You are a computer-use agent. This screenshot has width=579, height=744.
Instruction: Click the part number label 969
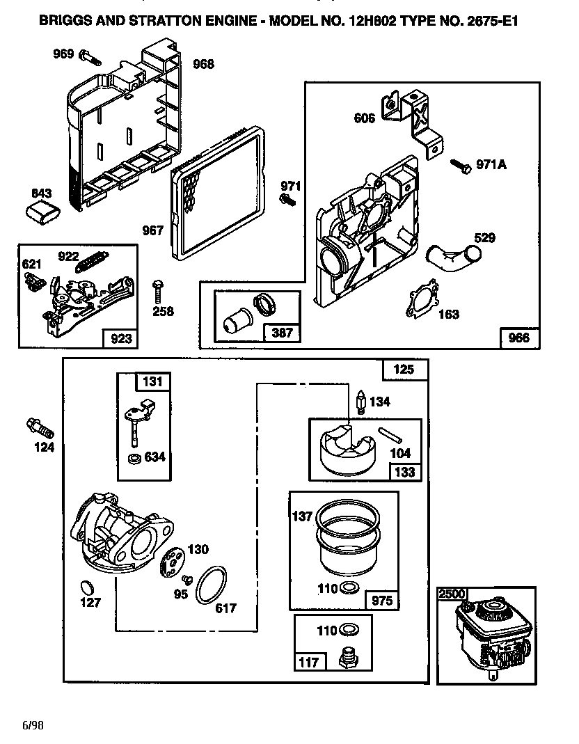click(x=63, y=54)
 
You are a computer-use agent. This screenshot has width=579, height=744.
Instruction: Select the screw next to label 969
click(x=86, y=54)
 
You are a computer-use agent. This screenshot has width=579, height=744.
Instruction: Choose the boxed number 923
click(x=119, y=339)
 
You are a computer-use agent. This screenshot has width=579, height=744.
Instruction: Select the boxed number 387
click(x=282, y=333)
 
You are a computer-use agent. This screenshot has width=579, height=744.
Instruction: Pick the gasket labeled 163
click(x=422, y=298)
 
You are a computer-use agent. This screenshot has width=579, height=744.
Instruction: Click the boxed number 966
click(x=519, y=338)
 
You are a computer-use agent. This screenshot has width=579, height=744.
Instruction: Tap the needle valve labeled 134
click(x=360, y=402)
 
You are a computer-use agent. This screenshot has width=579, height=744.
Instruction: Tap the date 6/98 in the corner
click(x=33, y=725)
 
